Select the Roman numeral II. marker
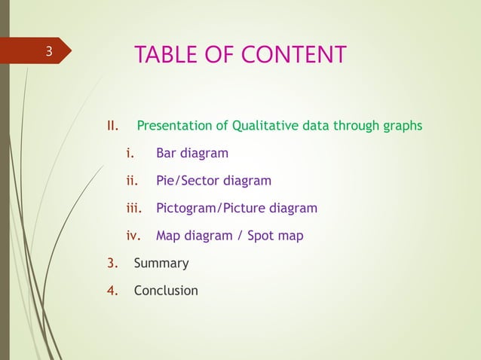click(113, 125)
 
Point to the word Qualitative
click(265, 125)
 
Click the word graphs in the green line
click(403, 125)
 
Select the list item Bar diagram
click(191, 154)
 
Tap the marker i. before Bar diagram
click(130, 154)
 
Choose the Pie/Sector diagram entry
click(213, 181)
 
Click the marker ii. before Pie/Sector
click(131, 181)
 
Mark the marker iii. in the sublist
click(133, 208)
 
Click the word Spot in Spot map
click(264, 236)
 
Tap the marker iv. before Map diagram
click(133, 236)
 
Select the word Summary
click(161, 264)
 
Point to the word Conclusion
click(166, 291)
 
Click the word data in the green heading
click(315, 125)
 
